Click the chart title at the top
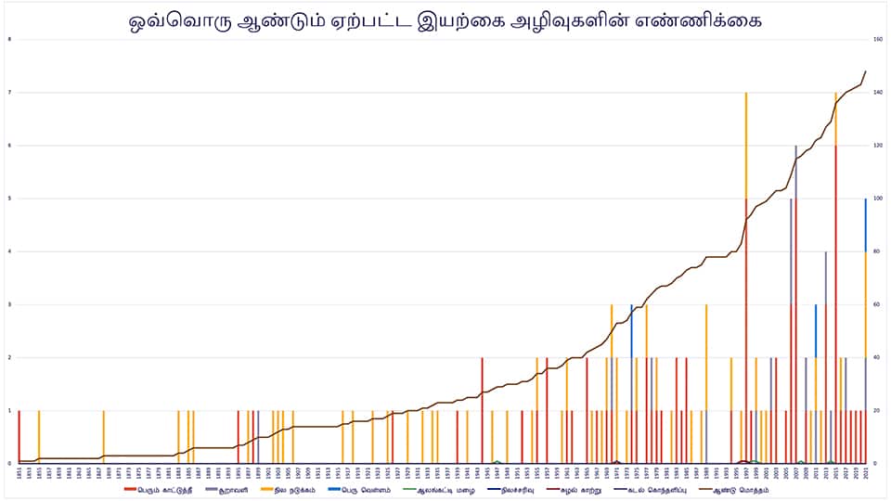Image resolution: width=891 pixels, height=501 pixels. tap(445, 19)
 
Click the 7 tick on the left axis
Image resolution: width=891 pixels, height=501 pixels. tap(9, 93)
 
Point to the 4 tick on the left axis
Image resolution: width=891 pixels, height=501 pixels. tap(9, 251)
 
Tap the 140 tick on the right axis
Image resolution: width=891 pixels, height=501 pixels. tap(877, 93)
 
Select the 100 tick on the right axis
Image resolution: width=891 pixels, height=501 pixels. tap(877, 199)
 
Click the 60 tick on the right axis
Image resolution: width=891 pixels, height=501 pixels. tap(877, 304)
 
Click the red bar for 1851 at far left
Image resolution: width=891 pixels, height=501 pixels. tap(19, 436)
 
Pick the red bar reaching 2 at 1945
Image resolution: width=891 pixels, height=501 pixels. tap(483, 408)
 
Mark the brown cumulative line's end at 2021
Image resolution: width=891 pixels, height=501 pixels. tap(866, 71)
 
